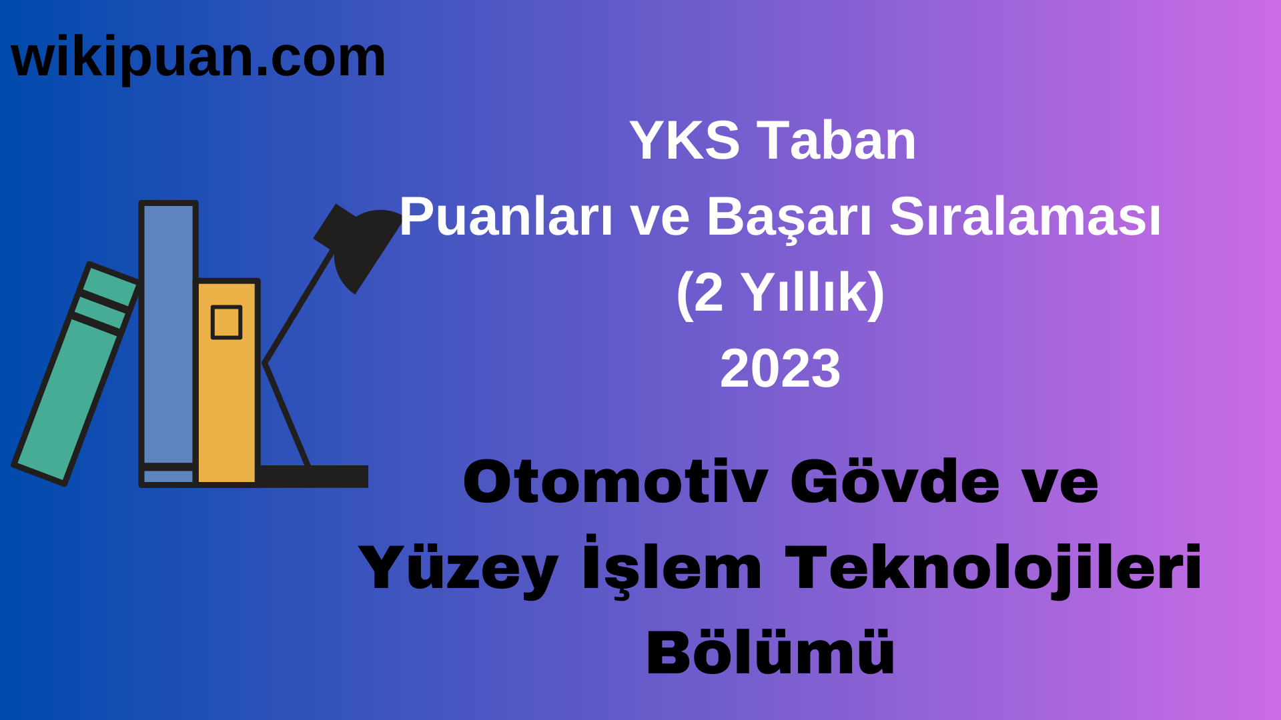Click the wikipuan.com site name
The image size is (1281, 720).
pyautogui.click(x=198, y=58)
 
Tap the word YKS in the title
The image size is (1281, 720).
pyautogui.click(x=685, y=141)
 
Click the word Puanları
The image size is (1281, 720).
pyautogui.click(x=506, y=217)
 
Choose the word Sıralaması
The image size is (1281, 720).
pyautogui.click(x=1025, y=217)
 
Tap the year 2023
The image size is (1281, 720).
pyautogui.click(x=780, y=369)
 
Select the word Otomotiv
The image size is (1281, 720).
pyautogui.click(x=615, y=482)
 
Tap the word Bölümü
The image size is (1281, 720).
pyautogui.click(x=771, y=653)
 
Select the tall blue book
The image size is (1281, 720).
pyautogui.click(x=168, y=333)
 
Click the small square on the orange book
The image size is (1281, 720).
pyautogui.click(x=226, y=323)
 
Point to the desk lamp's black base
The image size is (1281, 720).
pyautogui.click(x=314, y=476)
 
